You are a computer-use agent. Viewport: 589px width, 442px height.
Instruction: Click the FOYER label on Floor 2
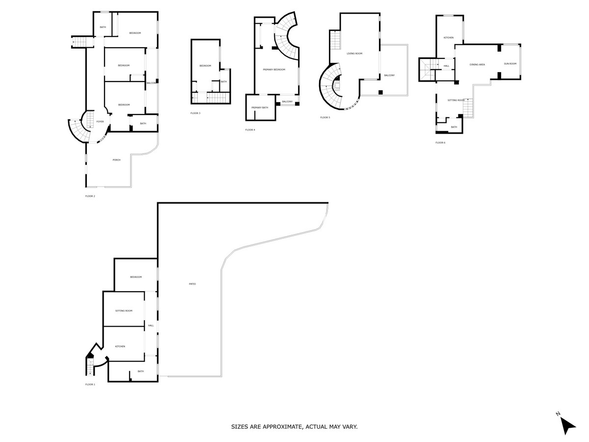click(100, 121)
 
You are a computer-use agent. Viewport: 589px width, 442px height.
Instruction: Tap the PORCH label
click(116, 160)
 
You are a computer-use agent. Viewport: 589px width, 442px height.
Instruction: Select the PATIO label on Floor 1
click(192, 284)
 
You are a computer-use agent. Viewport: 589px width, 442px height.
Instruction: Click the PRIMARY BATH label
click(260, 108)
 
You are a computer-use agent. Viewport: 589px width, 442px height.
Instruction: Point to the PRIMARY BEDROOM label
click(274, 70)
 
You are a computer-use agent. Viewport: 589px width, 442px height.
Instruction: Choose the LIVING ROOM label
click(354, 53)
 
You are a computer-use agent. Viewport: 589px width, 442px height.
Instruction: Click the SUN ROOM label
click(510, 63)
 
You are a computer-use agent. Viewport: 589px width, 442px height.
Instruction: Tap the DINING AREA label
click(477, 64)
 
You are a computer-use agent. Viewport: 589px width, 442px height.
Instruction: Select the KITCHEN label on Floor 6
click(449, 38)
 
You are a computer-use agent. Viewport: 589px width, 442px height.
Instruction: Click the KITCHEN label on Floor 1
click(120, 346)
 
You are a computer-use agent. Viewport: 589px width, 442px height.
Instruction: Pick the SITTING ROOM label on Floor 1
click(124, 310)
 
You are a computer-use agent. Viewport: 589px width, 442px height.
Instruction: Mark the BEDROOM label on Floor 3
click(205, 66)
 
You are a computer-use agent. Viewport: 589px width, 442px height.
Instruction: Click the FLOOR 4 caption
click(250, 130)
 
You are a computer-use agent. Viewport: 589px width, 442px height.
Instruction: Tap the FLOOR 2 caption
click(90, 196)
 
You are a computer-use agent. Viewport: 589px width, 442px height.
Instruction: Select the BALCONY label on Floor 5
click(389, 75)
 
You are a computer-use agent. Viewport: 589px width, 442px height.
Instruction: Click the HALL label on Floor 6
click(446, 66)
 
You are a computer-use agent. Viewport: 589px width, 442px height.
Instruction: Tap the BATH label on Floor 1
click(140, 371)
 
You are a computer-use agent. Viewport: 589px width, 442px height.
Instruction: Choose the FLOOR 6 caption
click(440, 142)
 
